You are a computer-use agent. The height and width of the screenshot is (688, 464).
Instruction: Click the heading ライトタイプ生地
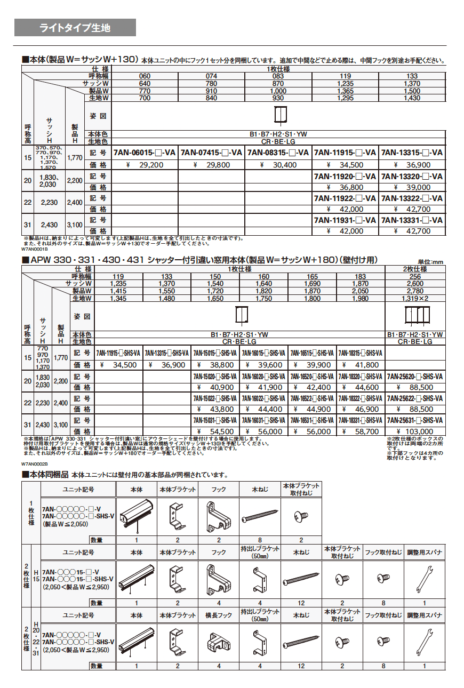[x=75, y=28]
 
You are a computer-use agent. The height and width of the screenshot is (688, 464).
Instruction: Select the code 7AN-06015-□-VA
[x=145, y=153]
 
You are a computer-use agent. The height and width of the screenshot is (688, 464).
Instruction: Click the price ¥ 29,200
[x=145, y=165]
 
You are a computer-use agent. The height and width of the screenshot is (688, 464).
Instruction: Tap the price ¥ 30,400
[x=278, y=165]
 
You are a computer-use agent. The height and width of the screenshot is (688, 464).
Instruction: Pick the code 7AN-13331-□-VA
[x=412, y=220]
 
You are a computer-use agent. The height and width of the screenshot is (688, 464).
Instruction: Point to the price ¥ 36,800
[x=345, y=187]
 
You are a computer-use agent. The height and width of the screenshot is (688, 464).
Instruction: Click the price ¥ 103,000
[x=414, y=431]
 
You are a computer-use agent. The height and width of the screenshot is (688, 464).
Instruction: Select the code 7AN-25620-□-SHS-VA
[x=414, y=376]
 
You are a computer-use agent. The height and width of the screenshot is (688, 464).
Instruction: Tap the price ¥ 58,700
[x=361, y=431]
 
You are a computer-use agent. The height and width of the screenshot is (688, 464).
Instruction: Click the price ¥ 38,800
[x=215, y=365]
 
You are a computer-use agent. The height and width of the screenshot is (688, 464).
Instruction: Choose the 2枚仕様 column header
[x=414, y=269]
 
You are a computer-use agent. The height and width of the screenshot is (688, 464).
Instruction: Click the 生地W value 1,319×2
[x=414, y=299]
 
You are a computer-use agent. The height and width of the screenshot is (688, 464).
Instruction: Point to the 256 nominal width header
[x=414, y=276]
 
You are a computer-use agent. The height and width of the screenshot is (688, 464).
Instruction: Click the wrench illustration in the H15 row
[x=425, y=579]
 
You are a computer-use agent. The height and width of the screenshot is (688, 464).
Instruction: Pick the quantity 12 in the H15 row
[x=301, y=603]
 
